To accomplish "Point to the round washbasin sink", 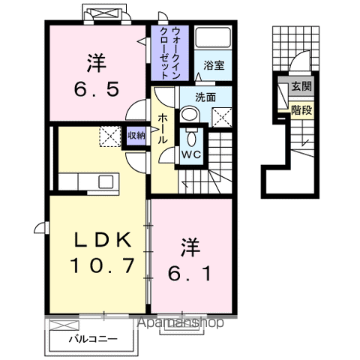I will coord(190,115).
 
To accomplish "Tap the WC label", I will coord(190,154).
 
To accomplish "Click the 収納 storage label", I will coord(136,136).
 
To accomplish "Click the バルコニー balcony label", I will coord(93,339).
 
